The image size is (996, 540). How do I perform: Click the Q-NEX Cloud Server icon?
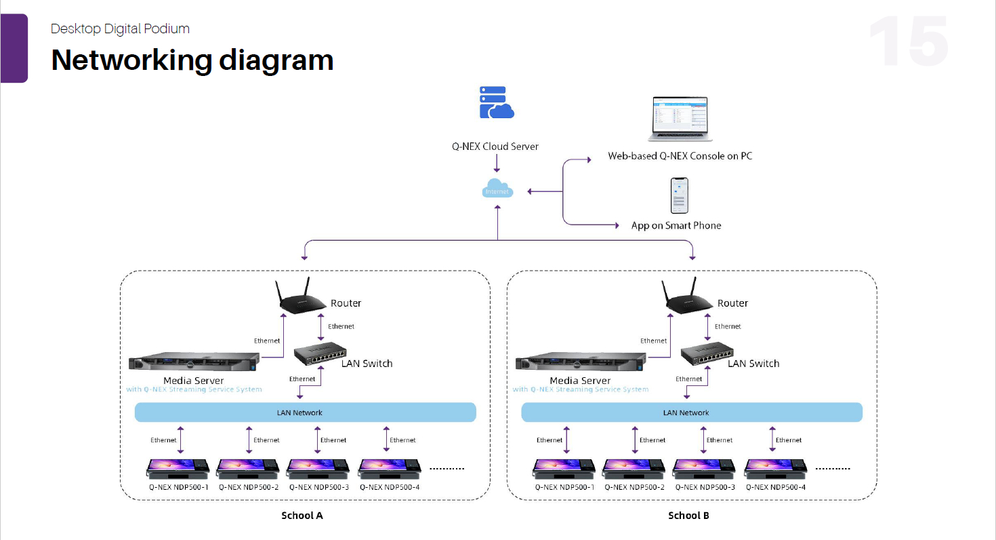tap(497, 103)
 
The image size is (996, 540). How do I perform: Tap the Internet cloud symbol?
tap(497, 189)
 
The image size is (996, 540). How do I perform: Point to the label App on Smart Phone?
tap(676, 225)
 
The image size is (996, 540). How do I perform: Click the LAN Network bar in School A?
tap(306, 412)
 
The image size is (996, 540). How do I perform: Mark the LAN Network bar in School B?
tap(692, 412)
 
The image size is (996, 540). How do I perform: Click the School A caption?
tap(302, 516)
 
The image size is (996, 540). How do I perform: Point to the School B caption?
tap(688, 516)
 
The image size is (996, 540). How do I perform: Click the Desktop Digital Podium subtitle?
tap(120, 28)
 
